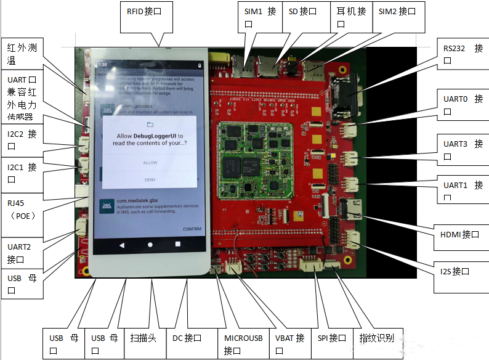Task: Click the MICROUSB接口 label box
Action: coord(243,343)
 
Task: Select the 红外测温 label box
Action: coord(21,54)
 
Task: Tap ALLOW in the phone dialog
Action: coord(150,163)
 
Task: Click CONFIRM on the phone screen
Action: coord(192,229)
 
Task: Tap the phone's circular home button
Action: coord(150,245)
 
